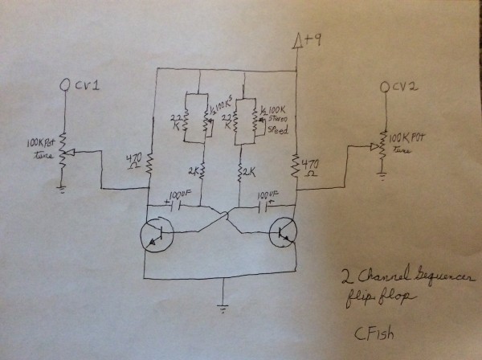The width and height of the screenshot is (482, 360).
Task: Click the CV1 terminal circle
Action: (63, 84)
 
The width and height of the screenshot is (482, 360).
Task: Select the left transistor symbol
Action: (154, 232)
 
